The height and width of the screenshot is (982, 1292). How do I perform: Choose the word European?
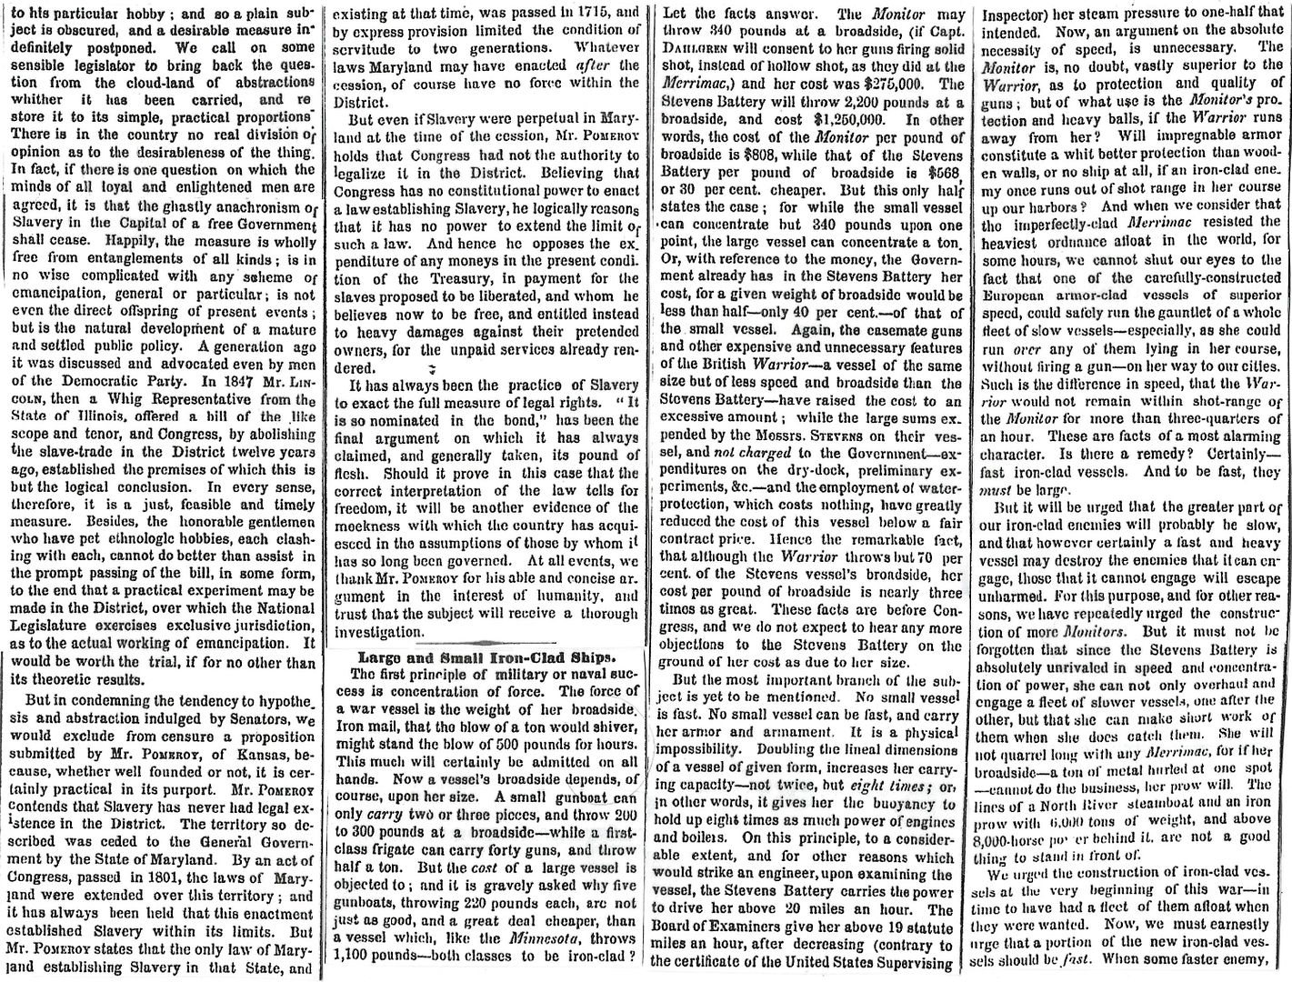click(1019, 296)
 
